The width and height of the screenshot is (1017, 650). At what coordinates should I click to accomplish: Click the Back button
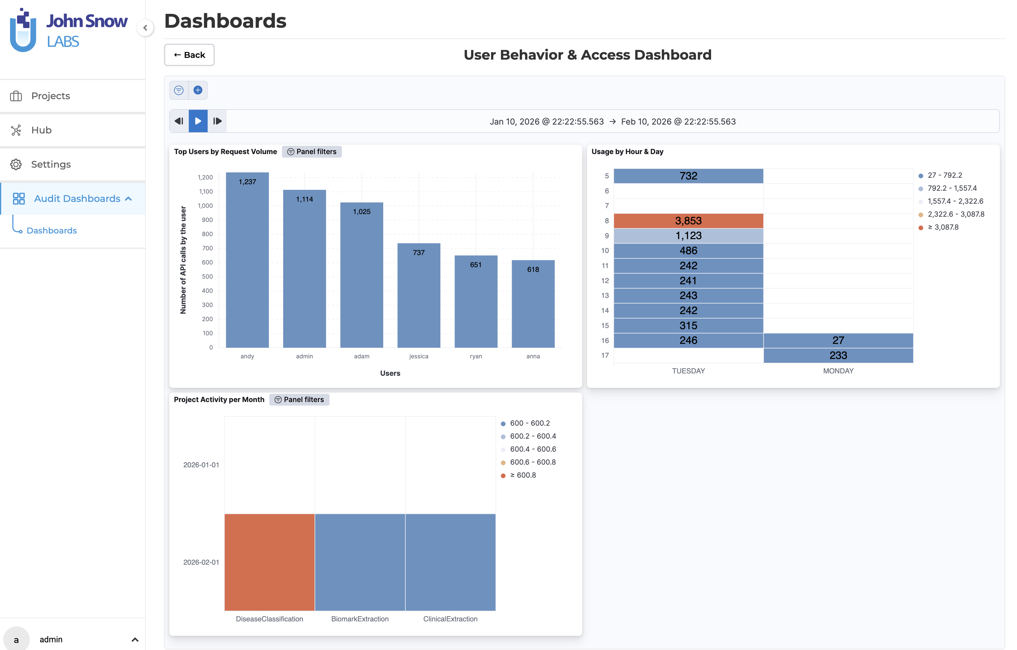(189, 55)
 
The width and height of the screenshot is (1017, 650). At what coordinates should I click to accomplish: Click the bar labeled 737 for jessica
(419, 296)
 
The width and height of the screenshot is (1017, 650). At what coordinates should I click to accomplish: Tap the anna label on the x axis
(533, 356)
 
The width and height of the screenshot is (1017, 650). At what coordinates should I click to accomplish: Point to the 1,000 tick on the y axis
(205, 206)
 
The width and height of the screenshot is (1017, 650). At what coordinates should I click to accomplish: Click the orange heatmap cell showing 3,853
(688, 221)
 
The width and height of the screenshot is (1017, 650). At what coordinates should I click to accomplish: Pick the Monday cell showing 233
(838, 355)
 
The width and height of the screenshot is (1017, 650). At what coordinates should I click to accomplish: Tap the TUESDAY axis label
(688, 371)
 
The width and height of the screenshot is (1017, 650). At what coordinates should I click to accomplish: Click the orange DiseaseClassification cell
(270, 562)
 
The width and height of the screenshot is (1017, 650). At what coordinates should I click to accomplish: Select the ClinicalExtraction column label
(450, 619)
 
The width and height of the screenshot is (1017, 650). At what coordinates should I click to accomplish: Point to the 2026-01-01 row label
(201, 465)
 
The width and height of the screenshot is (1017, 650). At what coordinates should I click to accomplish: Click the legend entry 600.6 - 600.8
(533, 462)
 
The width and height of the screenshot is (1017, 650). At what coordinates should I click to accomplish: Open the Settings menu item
(51, 164)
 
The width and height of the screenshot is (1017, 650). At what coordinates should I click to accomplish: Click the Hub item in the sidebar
(41, 130)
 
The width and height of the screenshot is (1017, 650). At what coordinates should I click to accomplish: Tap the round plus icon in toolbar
(198, 90)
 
